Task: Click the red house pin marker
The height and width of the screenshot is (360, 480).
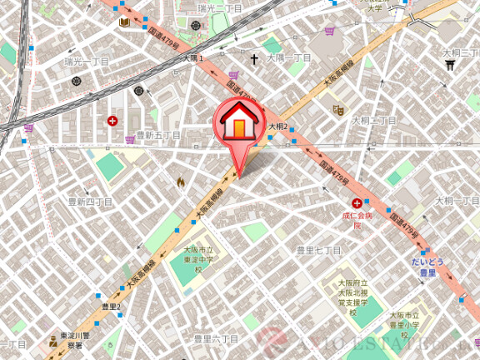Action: coord(238,125)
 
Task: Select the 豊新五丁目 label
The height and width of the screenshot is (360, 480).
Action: coord(158,135)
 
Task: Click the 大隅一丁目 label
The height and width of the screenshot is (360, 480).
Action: coord(288,58)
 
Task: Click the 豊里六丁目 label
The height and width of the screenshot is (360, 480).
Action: coord(216,339)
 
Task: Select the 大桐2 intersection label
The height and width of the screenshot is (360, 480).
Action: coord(277,127)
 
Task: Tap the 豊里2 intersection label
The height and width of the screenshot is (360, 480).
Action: coord(111,307)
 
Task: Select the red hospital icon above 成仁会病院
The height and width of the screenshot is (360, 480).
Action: coord(357,204)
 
